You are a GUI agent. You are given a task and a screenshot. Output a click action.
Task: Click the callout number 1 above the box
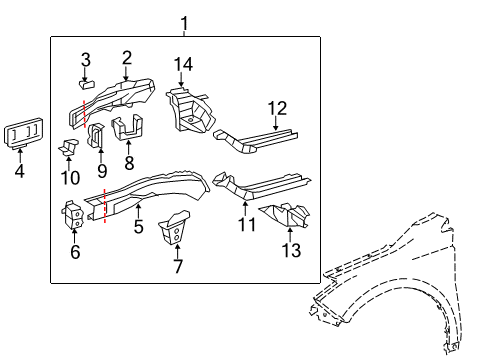pyautogui.click(x=183, y=22)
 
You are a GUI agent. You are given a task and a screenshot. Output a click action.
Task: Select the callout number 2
pyautogui.click(x=127, y=57)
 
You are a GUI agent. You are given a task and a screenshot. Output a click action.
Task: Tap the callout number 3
pyautogui.click(x=86, y=58)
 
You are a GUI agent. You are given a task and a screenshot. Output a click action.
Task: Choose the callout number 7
pyautogui.click(x=177, y=266)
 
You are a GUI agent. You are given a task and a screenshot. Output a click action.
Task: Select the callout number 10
pyautogui.click(x=67, y=177)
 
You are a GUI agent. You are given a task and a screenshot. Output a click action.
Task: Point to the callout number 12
pyautogui.click(x=277, y=108)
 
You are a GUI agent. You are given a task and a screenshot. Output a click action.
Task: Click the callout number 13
pyautogui.click(x=291, y=251)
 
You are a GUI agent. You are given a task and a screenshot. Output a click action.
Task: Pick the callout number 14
pyautogui.click(x=182, y=65)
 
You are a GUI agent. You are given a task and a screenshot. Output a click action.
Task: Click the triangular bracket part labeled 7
pyautogui.click(x=176, y=229)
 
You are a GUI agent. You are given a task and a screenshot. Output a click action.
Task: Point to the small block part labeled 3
pyautogui.click(x=86, y=84)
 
